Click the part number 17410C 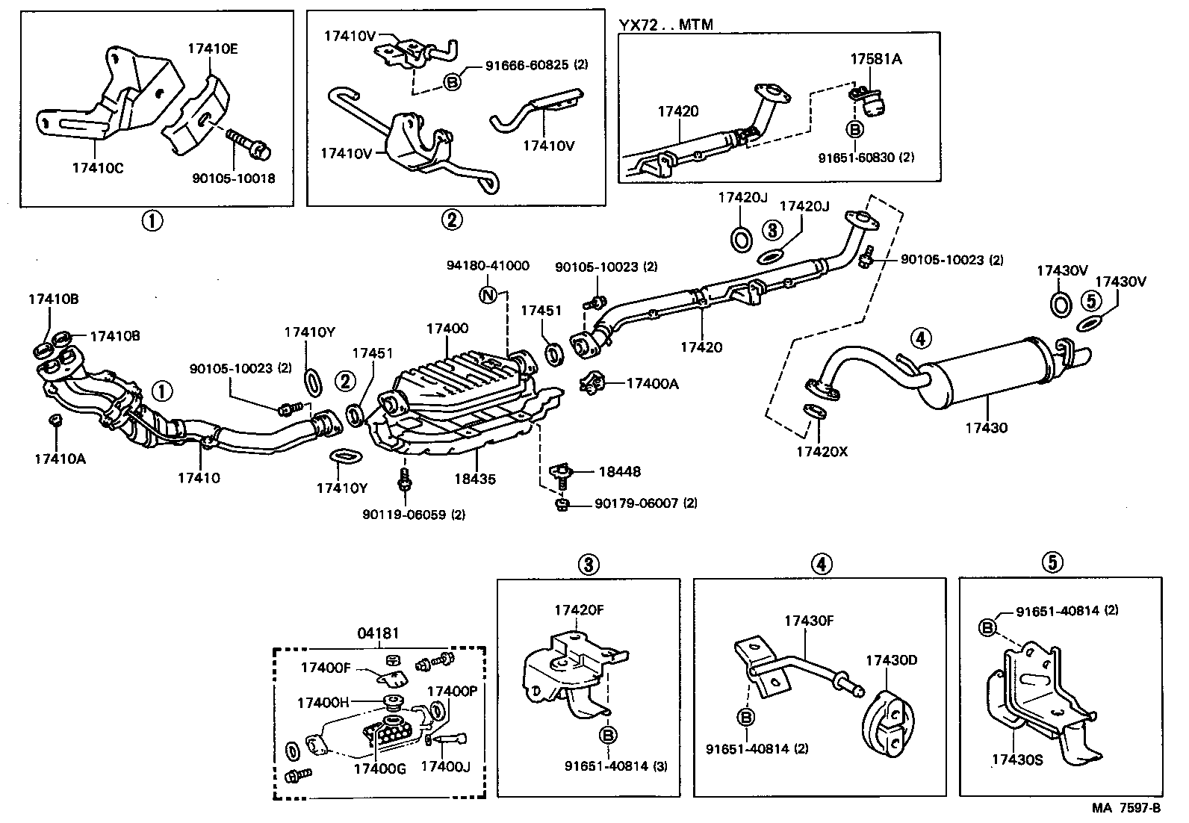point(98,167)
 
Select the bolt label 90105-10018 point(233,178)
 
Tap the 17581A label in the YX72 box point(875,58)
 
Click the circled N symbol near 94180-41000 point(488,294)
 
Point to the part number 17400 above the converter point(447,328)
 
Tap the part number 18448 point(619,471)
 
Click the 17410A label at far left point(60,459)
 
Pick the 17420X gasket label point(822,451)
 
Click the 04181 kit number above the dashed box point(378,634)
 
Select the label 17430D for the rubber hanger point(891,660)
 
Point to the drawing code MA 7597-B point(1126,808)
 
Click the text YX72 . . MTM point(665,25)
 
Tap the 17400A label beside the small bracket point(652,383)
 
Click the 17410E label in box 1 point(212,49)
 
